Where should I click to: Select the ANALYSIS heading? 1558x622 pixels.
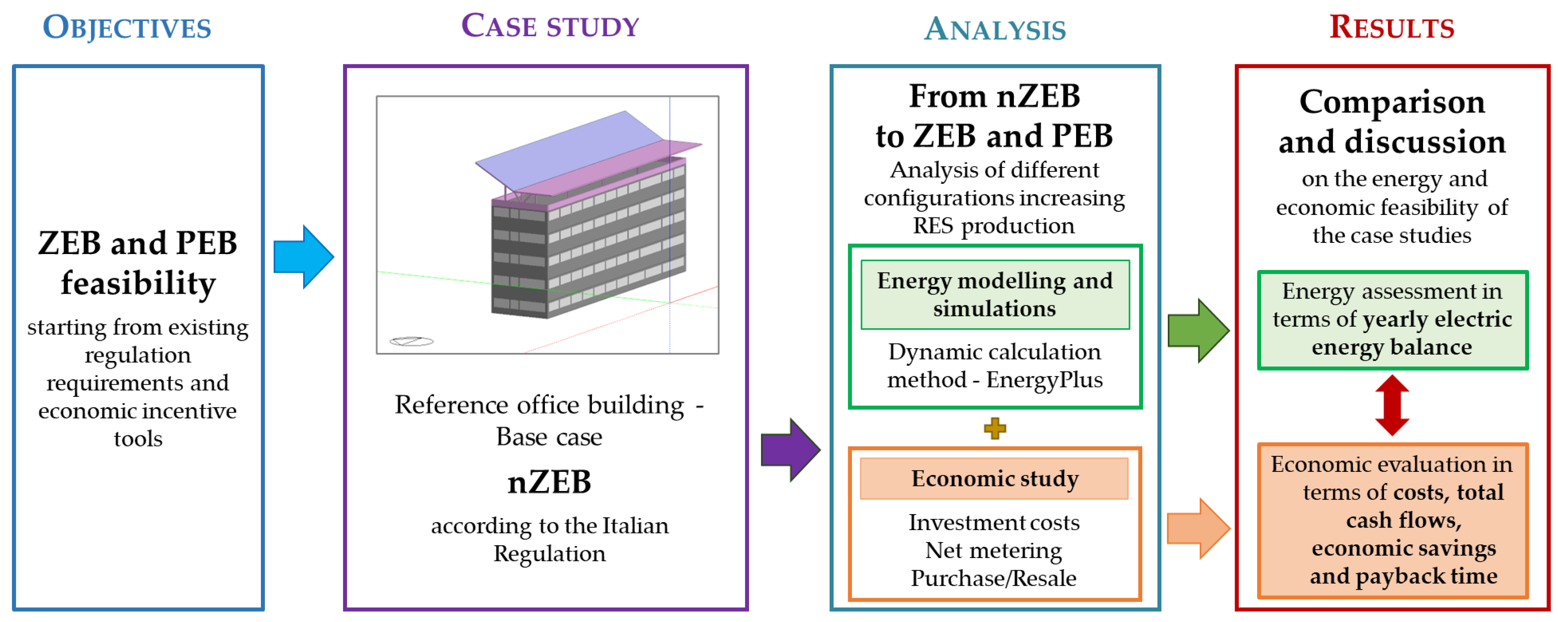pyautogui.click(x=995, y=29)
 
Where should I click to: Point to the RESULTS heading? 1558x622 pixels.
pyautogui.click(x=1392, y=27)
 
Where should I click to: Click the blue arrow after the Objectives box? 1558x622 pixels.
pyautogui.click(x=303, y=257)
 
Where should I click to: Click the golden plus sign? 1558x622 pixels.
pyautogui.click(x=995, y=428)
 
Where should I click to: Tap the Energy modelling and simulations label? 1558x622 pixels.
pyautogui.click(x=995, y=295)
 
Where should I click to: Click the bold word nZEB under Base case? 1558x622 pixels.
pyautogui.click(x=549, y=482)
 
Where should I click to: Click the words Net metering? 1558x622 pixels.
pyautogui.click(x=994, y=551)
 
